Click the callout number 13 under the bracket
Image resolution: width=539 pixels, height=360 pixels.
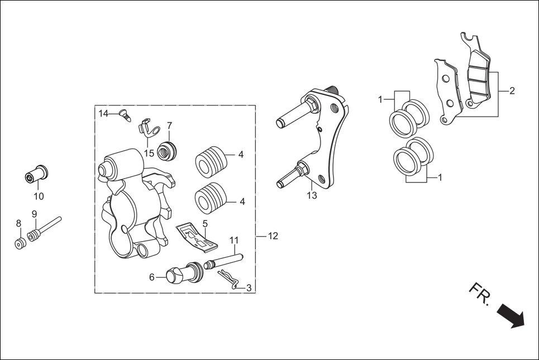(312, 195)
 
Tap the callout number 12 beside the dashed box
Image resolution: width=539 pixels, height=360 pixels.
(272, 236)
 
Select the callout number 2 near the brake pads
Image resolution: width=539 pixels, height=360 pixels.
(512, 91)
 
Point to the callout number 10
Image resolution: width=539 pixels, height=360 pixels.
(39, 196)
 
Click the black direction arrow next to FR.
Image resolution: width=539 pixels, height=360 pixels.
(511, 315)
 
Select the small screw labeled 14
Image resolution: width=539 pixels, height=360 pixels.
(124, 116)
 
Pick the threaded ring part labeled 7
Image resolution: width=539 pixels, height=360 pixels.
(168, 150)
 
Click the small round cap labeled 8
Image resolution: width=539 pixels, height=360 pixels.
(21, 244)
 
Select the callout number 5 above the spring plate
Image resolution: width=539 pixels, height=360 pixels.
(205, 224)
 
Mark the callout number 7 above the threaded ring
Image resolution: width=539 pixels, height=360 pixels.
(169, 126)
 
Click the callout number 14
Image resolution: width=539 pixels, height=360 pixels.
(103, 114)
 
